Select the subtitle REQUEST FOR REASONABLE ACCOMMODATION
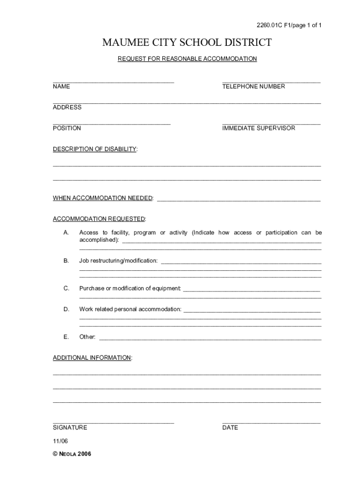pyautogui.click(x=187, y=59)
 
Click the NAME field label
pyautogui.click(x=61, y=87)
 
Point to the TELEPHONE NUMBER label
pyautogui.click(x=253, y=87)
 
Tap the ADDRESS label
pyautogui.click(x=67, y=107)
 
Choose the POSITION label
pyautogui.click(x=67, y=128)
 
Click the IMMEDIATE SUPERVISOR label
pyautogui.click(x=259, y=128)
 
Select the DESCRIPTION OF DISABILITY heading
pyautogui.click(x=95, y=149)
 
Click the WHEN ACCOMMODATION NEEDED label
pyautogui.click(x=103, y=198)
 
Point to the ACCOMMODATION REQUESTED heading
pyautogui.click(x=99, y=219)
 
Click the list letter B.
pyautogui.click(x=66, y=261)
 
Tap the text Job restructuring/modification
pyautogui.click(x=118, y=261)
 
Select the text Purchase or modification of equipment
pyautogui.click(x=130, y=289)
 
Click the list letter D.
pyautogui.click(x=66, y=309)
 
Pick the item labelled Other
pyautogui.click(x=87, y=337)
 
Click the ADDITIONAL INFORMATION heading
pyautogui.click(x=92, y=358)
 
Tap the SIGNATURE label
pyautogui.click(x=70, y=428)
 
